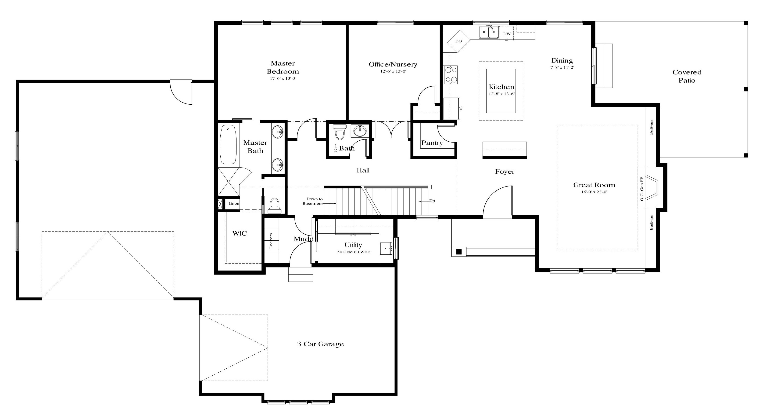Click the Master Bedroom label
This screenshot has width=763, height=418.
[x=283, y=67]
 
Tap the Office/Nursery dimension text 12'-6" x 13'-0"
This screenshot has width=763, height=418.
[x=393, y=71]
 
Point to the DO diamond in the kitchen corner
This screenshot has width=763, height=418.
[x=459, y=41]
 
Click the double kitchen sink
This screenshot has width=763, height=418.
[x=489, y=32]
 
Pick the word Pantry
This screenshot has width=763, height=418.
[x=432, y=143]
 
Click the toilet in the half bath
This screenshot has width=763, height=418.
[x=340, y=132]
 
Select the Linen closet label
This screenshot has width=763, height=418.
[x=234, y=204]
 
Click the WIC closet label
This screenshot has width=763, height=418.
[x=239, y=234]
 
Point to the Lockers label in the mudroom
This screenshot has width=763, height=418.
[x=271, y=241]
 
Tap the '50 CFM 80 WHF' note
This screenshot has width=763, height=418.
[x=353, y=252]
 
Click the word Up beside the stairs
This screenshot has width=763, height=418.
[x=432, y=201]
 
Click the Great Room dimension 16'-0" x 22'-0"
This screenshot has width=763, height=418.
[x=594, y=192]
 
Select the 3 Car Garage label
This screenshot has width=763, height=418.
[x=320, y=344]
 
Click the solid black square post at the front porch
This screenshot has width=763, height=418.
[x=459, y=252]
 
